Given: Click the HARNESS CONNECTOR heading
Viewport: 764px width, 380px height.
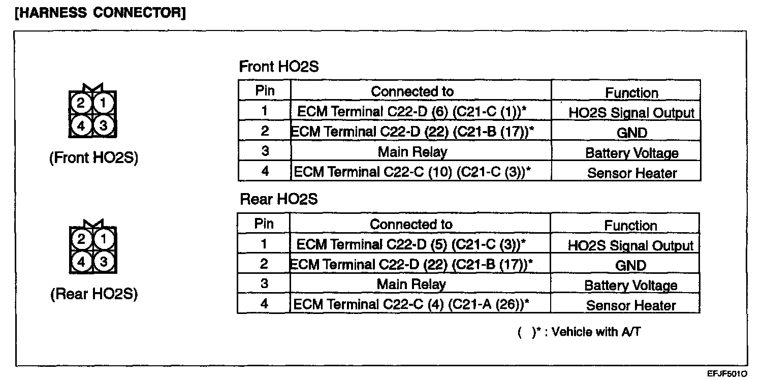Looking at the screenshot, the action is click(100, 13).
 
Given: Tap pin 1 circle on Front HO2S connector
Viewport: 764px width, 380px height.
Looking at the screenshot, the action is click(103, 103).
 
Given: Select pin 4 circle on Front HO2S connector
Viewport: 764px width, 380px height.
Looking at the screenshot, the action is click(81, 126).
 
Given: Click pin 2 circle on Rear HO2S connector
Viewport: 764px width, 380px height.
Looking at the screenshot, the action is click(81, 239).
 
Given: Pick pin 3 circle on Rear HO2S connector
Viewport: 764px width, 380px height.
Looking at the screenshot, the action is click(104, 262).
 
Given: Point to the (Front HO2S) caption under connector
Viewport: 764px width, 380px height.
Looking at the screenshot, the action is click(94, 158).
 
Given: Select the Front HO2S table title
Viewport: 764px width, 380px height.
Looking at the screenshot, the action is click(279, 66).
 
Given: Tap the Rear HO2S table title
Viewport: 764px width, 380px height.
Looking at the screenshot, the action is click(279, 199).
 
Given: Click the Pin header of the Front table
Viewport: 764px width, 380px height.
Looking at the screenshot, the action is click(265, 91).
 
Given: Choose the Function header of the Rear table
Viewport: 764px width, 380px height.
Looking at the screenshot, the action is click(630, 226).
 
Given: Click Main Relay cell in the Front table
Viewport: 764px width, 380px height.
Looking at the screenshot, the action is click(412, 152).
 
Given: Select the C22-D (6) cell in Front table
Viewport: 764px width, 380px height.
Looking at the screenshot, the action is click(411, 112).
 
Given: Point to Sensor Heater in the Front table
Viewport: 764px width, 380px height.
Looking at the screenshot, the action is click(632, 173).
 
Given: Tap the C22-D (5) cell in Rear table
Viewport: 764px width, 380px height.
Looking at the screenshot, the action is click(411, 244).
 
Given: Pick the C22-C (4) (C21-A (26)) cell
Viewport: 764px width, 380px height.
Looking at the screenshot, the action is click(411, 304).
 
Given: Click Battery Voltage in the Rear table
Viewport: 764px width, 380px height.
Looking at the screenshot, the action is click(630, 286).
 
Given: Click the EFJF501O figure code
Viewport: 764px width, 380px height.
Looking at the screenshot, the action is click(727, 374).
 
